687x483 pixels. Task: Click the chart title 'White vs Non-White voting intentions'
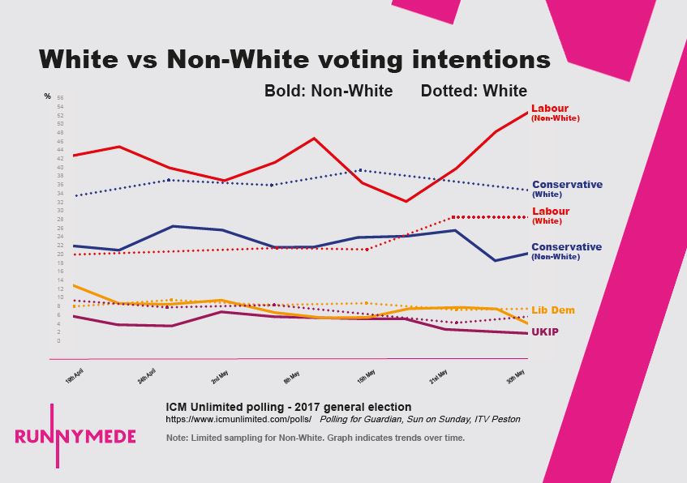coord(294,59)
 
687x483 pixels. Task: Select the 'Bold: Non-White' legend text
coord(328,91)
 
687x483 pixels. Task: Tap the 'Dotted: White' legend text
coord(474,91)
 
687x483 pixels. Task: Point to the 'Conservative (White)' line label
coord(566,189)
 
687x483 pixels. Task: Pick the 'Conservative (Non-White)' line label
coord(566,251)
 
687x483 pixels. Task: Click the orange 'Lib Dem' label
coord(552,310)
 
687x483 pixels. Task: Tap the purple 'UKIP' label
coord(544,332)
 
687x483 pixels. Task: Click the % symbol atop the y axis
coord(47,96)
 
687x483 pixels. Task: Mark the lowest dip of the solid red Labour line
coord(406,202)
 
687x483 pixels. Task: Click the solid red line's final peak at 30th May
coord(527,112)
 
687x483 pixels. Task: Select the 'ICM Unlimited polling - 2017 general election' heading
coord(288,407)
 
